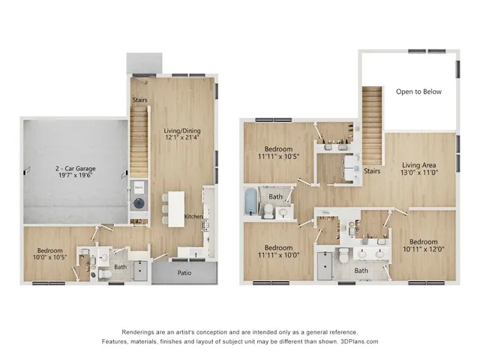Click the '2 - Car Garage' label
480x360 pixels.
(x=73, y=169)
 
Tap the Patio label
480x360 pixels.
(x=182, y=273)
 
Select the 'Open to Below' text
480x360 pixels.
(x=418, y=91)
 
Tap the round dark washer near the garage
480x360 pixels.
(x=138, y=202)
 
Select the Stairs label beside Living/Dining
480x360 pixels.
(x=139, y=100)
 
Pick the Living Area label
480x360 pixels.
(x=419, y=165)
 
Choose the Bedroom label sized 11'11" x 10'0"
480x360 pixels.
(x=277, y=247)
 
